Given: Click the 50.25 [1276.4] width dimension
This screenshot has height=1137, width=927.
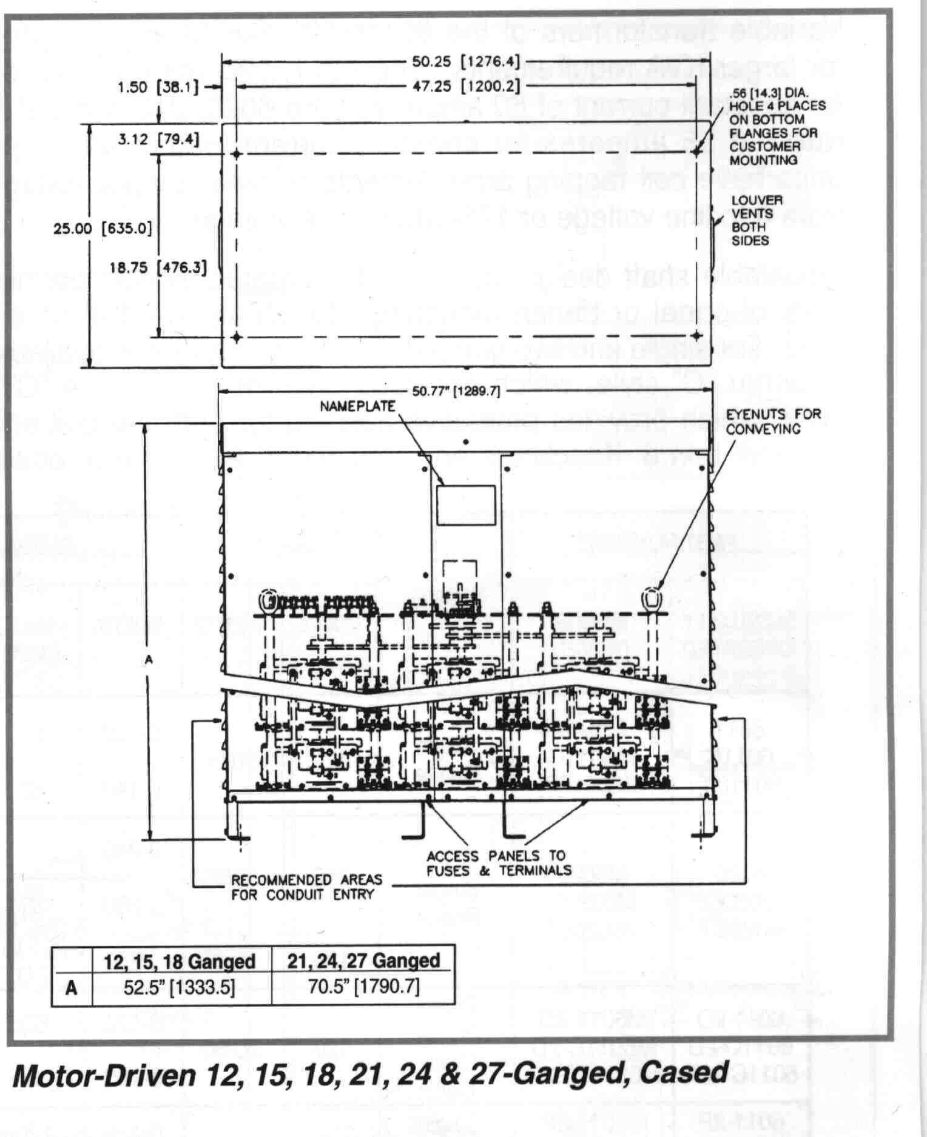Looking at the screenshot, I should click(x=466, y=61).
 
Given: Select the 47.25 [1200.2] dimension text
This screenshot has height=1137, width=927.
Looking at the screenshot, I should click(x=466, y=86).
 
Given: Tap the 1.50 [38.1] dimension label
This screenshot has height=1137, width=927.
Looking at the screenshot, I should click(x=158, y=87).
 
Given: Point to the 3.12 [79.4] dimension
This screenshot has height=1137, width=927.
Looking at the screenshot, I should click(x=158, y=140).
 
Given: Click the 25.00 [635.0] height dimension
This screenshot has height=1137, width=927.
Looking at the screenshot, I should click(x=103, y=229).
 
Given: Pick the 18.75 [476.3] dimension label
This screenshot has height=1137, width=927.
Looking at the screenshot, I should click(x=158, y=267).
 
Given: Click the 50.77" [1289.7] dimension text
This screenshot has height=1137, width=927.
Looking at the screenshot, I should click(x=456, y=391).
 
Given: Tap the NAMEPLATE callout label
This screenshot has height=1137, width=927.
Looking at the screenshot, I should click(x=357, y=406).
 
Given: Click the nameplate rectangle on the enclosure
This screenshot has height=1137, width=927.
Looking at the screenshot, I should click(x=466, y=505).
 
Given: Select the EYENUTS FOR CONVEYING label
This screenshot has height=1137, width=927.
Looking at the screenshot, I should click(x=772, y=421).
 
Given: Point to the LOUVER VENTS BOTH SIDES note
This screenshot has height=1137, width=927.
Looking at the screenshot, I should click(x=757, y=220).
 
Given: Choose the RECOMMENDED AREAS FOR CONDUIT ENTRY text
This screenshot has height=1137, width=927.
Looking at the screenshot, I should click(x=306, y=887).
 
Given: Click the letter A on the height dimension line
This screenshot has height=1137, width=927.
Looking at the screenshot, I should click(x=149, y=660).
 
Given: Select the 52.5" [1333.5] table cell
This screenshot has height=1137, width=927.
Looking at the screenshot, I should click(x=179, y=987).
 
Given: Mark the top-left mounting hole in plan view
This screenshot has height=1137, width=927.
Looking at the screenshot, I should click(x=237, y=153).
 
